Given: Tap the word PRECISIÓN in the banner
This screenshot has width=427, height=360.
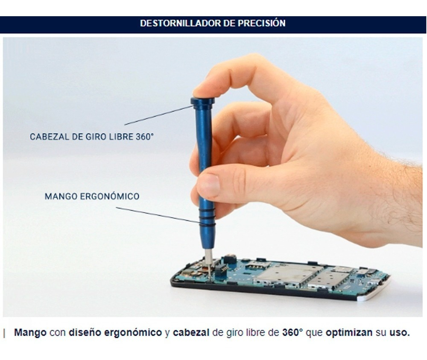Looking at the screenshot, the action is [262, 23].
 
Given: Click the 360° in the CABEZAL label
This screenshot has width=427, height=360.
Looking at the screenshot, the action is [145, 136].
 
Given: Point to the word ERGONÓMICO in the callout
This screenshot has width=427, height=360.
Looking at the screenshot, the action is [109, 196].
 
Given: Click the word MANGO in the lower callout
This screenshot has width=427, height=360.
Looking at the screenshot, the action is [61, 197].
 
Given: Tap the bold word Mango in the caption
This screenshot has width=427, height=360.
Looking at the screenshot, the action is [30, 333].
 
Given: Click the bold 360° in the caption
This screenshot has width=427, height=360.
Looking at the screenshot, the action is [292, 333].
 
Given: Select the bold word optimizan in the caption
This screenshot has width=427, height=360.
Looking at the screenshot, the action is [349, 333].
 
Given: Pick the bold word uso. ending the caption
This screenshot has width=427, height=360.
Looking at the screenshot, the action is [400, 333].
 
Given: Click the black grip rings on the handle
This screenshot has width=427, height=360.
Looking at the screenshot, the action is [207, 218].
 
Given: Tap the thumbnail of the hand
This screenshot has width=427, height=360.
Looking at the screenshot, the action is [208, 186].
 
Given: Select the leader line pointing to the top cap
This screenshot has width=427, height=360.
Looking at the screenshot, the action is [159, 115].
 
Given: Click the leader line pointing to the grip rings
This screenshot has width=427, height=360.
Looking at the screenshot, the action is [158, 215].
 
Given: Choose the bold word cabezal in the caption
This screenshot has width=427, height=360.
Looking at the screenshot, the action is [191, 333].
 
